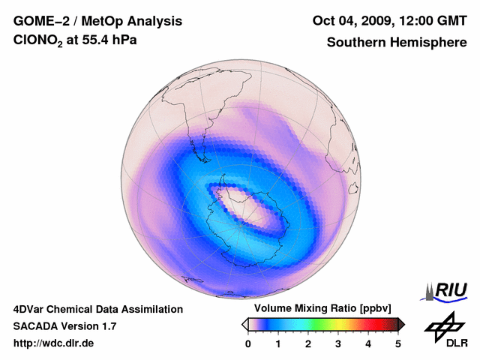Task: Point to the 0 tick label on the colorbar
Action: click(x=248, y=343)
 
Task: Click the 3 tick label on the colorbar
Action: click(x=338, y=343)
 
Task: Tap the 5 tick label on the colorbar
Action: click(x=398, y=343)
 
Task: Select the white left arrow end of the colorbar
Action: click(x=244, y=324)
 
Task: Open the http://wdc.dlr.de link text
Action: click(x=54, y=343)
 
